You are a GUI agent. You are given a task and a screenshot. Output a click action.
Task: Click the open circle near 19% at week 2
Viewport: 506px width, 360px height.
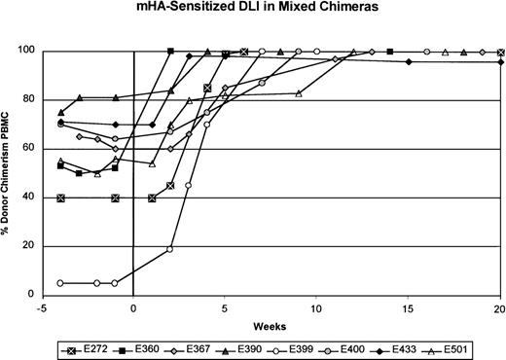170,249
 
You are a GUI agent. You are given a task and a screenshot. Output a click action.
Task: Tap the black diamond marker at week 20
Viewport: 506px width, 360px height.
500,62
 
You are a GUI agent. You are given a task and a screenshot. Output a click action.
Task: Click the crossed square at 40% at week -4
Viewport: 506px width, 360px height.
61,198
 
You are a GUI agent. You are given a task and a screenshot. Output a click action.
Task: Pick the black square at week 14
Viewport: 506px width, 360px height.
390,52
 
